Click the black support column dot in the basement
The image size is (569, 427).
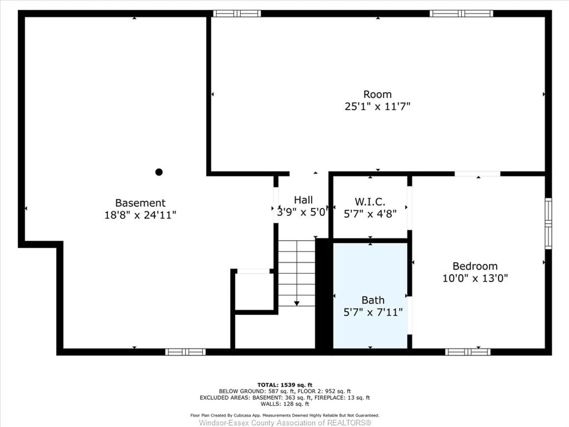[159, 172]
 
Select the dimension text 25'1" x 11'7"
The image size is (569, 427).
[377, 106]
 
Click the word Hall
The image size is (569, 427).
[303, 200]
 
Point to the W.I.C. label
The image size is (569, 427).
[370, 202]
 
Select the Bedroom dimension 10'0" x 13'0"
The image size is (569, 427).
[475, 278]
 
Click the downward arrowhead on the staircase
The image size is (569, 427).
[297, 303]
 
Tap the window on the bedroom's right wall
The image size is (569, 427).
[548, 223]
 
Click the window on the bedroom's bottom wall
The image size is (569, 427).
[468, 352]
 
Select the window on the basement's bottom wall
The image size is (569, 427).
[185, 352]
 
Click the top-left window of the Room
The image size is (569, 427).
[237, 13]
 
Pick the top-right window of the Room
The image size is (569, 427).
[461, 13]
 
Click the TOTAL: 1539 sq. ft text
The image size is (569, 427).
[285, 385]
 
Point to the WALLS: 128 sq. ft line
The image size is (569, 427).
[285, 404]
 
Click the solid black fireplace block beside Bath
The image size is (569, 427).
[324, 293]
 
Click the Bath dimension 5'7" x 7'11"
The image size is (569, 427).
[373, 312]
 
